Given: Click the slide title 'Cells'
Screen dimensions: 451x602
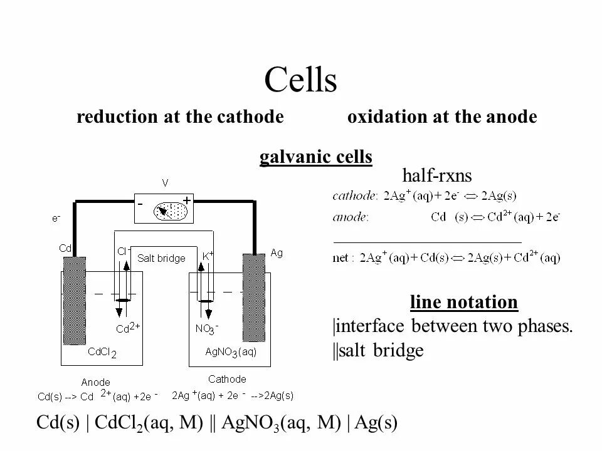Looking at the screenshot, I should [301, 80].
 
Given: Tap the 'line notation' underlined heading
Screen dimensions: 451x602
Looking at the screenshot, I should [464, 303].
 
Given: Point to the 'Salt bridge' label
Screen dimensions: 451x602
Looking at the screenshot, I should [162, 258].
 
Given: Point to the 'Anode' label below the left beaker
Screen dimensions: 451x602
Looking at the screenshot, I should [96, 382].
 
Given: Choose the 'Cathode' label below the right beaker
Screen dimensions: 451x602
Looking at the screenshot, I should [227, 379].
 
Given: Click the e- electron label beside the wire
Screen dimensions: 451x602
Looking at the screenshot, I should [56, 219].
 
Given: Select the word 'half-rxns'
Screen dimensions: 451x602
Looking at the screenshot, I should [436, 175].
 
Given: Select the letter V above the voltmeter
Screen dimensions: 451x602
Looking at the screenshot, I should [165, 183].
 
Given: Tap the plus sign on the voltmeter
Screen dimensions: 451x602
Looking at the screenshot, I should [187, 199].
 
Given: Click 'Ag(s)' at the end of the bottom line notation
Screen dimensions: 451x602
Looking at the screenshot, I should [376, 423].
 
